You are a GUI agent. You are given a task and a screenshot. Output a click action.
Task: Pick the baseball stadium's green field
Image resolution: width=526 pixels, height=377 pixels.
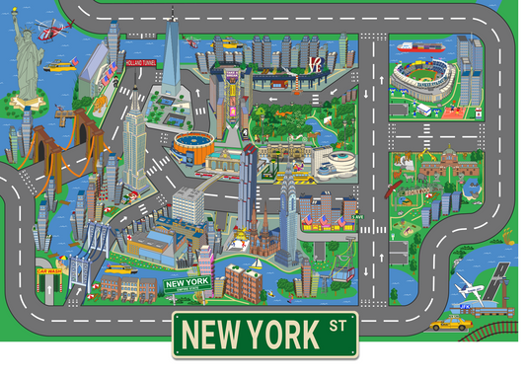click(422, 79)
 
